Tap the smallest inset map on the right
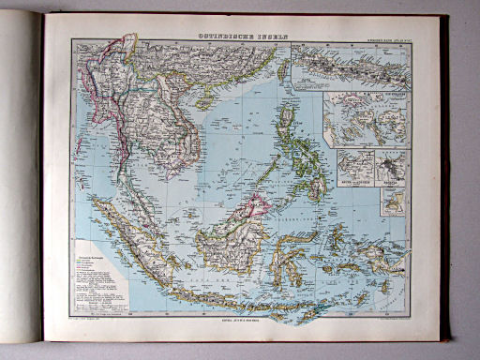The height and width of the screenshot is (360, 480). click(393, 202)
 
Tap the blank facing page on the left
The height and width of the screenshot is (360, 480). click(21, 178)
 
